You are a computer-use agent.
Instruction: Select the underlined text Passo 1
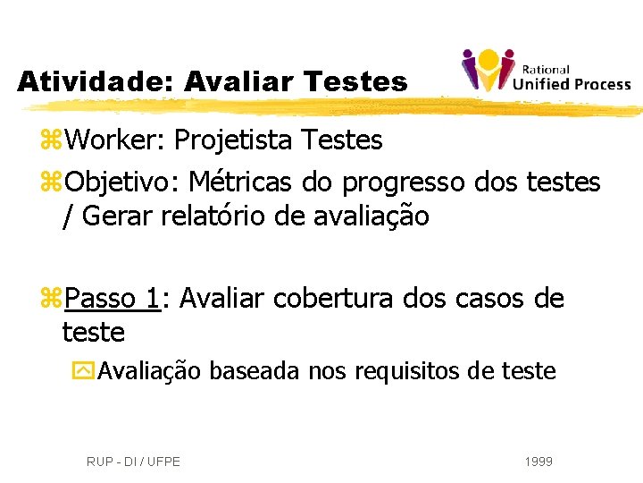(112, 298)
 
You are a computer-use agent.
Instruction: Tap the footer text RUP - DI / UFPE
(133, 462)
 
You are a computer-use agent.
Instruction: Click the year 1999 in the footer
(539, 462)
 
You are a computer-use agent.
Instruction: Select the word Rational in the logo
(546, 70)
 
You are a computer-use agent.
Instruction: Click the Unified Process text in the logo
(572, 85)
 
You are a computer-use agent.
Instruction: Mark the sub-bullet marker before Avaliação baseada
(86, 370)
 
